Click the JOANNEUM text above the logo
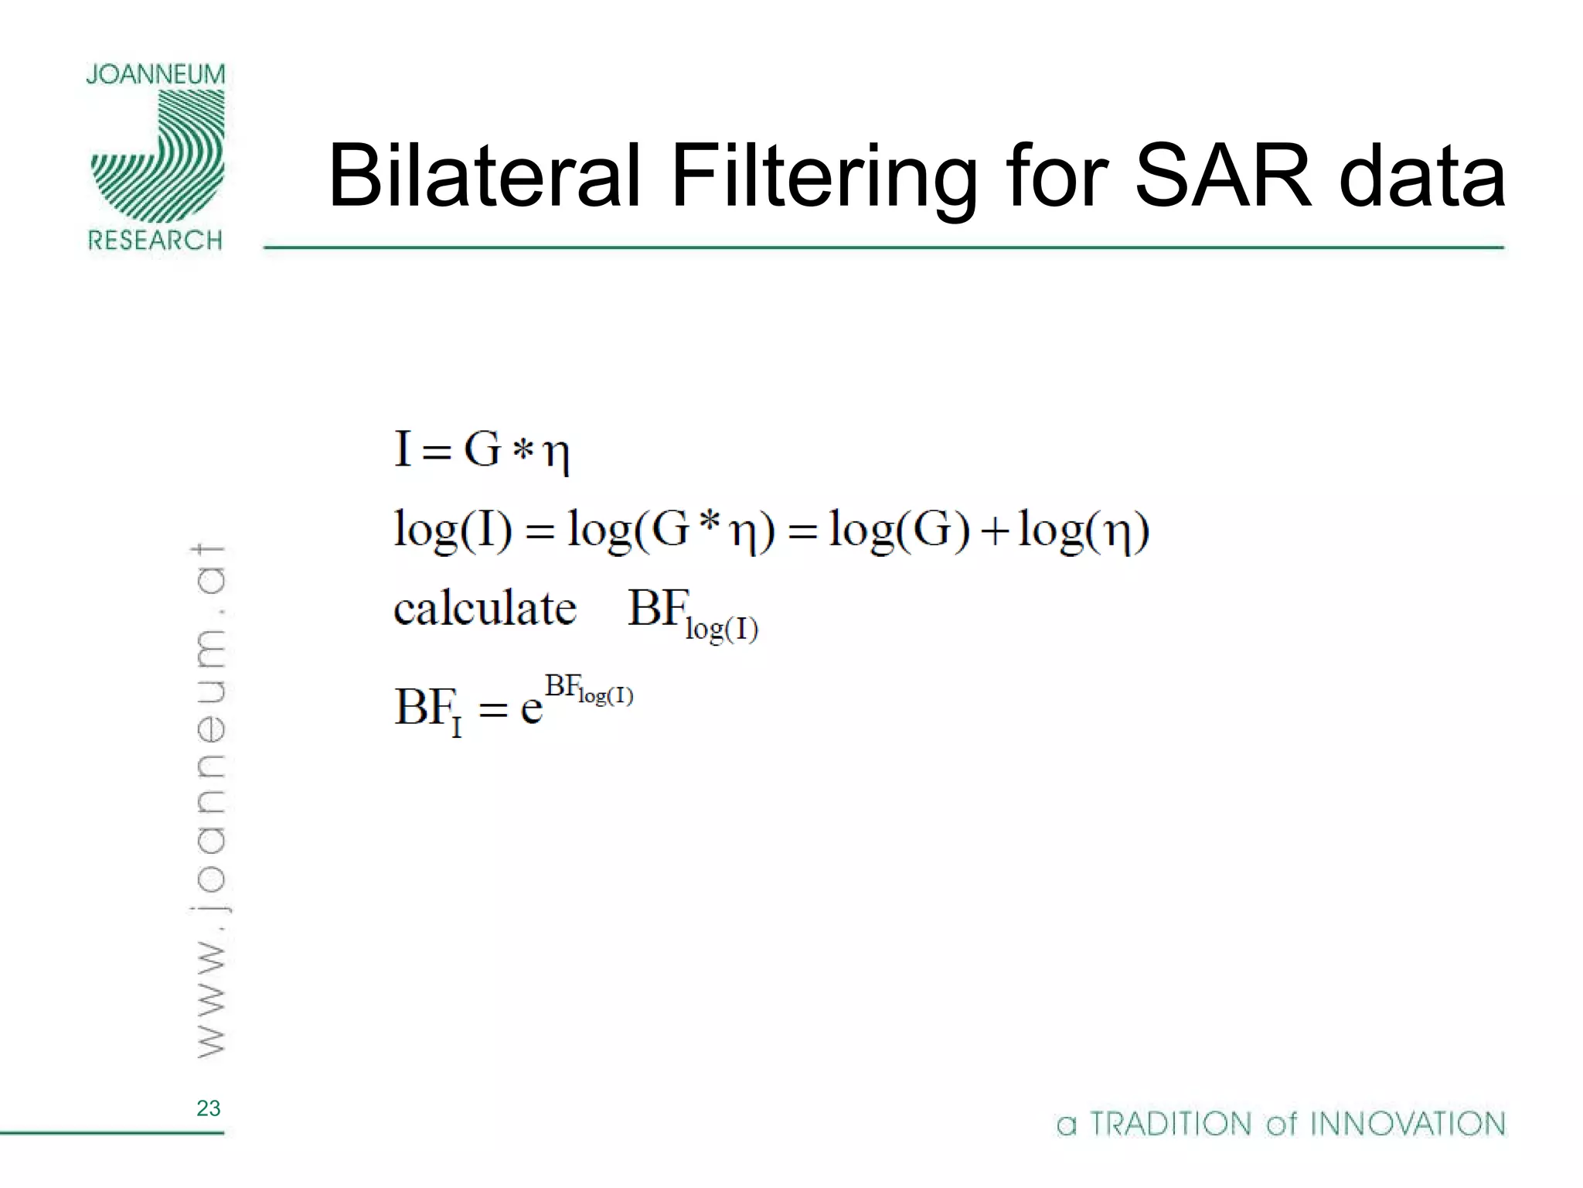[155, 74]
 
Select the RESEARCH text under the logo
[155, 240]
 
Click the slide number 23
[208, 1108]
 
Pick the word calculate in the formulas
[485, 608]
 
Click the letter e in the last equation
[531, 707]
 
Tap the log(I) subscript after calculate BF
[721, 630]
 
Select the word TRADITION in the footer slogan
[1170, 1124]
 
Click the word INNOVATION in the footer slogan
[1408, 1124]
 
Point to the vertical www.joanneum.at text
[209, 801]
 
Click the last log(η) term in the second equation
[1084, 531]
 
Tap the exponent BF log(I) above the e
[589, 688]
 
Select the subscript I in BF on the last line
[457, 727]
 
